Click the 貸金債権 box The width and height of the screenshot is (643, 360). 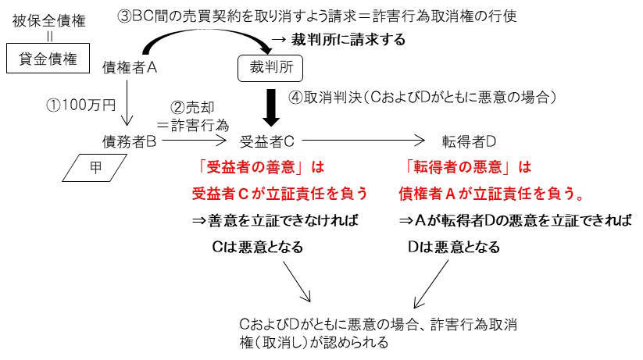coord(45,57)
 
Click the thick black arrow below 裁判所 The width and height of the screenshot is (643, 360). coord(270,108)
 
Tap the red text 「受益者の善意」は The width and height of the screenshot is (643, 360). coord(260,167)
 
